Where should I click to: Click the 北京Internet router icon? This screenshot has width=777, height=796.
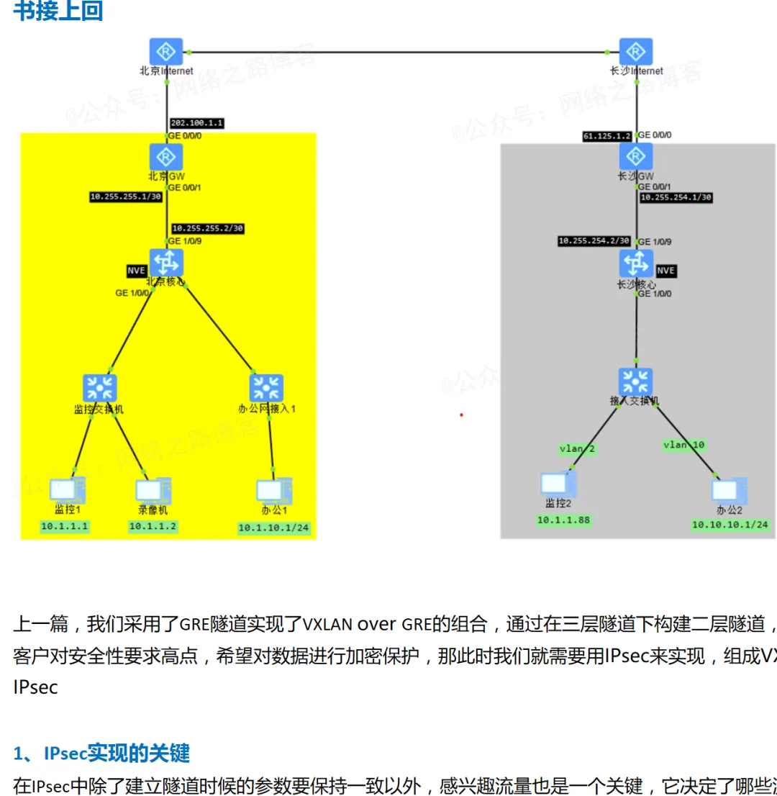[166, 52]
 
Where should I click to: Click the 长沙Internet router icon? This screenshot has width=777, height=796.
[636, 52]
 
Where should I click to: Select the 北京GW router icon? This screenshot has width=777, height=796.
[166, 156]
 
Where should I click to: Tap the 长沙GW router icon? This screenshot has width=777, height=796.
[636, 156]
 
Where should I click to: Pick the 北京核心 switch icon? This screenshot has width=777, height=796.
[166, 262]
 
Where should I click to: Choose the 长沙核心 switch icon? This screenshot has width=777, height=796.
[636, 263]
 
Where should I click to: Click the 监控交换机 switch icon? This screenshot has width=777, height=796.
[99, 388]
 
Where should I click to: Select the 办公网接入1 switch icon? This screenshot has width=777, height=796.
[267, 388]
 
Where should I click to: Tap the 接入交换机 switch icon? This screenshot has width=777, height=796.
[636, 381]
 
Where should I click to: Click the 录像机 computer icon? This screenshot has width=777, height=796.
[153, 489]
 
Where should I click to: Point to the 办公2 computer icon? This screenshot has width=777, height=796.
[728, 489]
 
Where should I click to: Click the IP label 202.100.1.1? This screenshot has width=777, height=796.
[196, 123]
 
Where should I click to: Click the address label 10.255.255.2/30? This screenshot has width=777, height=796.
[208, 228]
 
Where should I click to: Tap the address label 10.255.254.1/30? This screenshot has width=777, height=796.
[676, 197]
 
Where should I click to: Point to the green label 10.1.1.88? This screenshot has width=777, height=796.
[565, 520]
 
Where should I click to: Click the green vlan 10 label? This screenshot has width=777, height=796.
[683, 446]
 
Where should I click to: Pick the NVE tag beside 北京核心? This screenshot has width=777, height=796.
[137, 271]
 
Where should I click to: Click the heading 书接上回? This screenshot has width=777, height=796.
[58, 12]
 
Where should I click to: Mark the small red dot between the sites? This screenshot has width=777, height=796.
[461, 415]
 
